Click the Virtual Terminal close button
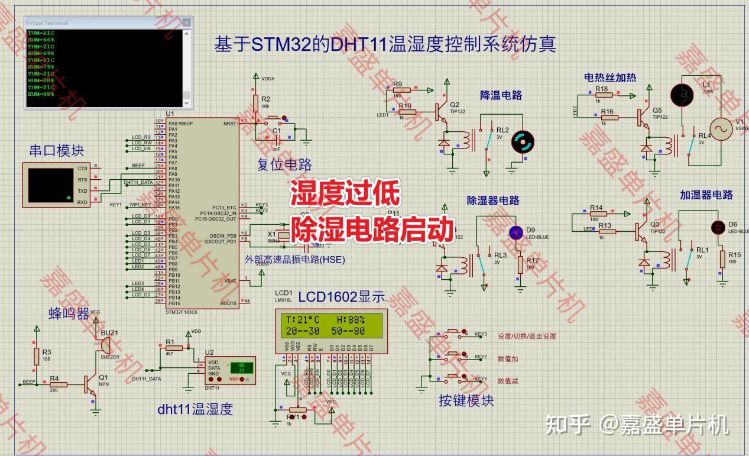coord(187,22)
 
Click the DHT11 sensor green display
coord(241,367)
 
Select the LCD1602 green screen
coord(331,325)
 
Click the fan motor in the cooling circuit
coord(522,142)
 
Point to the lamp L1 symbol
coord(681,95)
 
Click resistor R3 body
coord(37,356)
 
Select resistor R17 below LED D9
coord(520,264)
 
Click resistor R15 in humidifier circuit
coord(722,259)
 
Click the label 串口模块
coord(57,151)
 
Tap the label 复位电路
coord(284,164)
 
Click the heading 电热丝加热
coord(610,77)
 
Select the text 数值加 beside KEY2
coord(508,358)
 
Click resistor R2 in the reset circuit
coord(256,102)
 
